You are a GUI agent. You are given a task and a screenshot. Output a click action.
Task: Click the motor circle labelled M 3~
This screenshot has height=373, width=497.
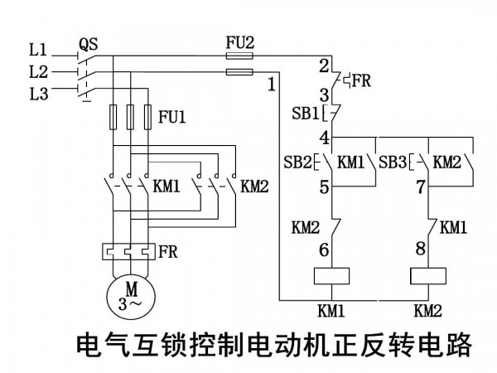131,298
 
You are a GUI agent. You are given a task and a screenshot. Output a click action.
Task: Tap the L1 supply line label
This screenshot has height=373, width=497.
38,50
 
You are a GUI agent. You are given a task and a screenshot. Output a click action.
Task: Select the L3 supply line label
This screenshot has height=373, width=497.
39,94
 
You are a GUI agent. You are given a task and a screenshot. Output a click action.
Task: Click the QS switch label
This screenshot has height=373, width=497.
88,44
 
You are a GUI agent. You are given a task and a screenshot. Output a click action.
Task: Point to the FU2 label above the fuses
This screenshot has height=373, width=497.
240,43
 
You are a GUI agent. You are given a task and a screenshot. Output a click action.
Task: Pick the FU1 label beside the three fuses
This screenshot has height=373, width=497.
171,117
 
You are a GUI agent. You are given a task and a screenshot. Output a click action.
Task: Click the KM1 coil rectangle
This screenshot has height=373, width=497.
331,276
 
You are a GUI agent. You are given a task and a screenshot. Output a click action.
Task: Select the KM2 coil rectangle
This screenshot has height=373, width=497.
428,276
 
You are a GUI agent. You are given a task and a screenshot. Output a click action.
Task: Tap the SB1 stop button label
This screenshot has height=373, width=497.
305,114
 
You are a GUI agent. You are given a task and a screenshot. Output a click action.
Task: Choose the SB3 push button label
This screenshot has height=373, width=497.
393,162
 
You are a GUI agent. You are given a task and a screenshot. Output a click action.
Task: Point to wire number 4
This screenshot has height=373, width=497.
325,138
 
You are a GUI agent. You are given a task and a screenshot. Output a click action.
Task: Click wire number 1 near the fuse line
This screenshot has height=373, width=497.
272,85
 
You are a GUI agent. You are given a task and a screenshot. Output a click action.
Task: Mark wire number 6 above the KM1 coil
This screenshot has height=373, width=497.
324,250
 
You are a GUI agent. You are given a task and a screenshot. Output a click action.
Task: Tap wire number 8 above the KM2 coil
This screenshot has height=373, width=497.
420,249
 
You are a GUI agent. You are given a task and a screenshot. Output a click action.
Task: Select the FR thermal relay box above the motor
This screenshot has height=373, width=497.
128,251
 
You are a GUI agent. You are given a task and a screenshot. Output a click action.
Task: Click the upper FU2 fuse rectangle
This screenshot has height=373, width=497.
239,56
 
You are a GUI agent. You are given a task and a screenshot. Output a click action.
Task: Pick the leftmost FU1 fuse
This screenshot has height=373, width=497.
113,117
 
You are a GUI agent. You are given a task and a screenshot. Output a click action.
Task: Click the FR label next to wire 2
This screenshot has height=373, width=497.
361,80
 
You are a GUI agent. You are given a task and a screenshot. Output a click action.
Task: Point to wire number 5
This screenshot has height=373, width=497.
324,187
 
